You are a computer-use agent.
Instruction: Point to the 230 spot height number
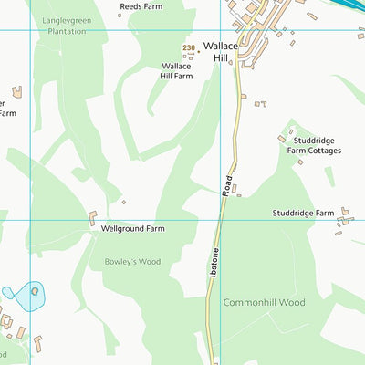(x=189, y=48)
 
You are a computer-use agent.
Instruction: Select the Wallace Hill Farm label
(x=177, y=71)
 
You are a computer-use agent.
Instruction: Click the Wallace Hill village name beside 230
(x=220, y=51)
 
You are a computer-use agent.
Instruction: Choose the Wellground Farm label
(x=132, y=228)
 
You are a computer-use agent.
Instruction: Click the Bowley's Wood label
(x=131, y=262)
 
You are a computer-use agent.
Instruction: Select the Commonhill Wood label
(x=264, y=302)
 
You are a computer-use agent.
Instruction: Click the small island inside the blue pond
(x=35, y=291)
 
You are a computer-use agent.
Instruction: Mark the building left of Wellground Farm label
(x=92, y=219)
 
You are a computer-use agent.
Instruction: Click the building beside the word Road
(x=235, y=189)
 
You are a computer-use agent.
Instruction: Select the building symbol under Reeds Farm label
(x=119, y=16)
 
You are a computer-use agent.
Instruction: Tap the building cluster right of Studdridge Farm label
(x=344, y=218)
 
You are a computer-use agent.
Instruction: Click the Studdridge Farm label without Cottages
(x=303, y=213)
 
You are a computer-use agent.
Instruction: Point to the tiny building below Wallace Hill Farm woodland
(x=124, y=203)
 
